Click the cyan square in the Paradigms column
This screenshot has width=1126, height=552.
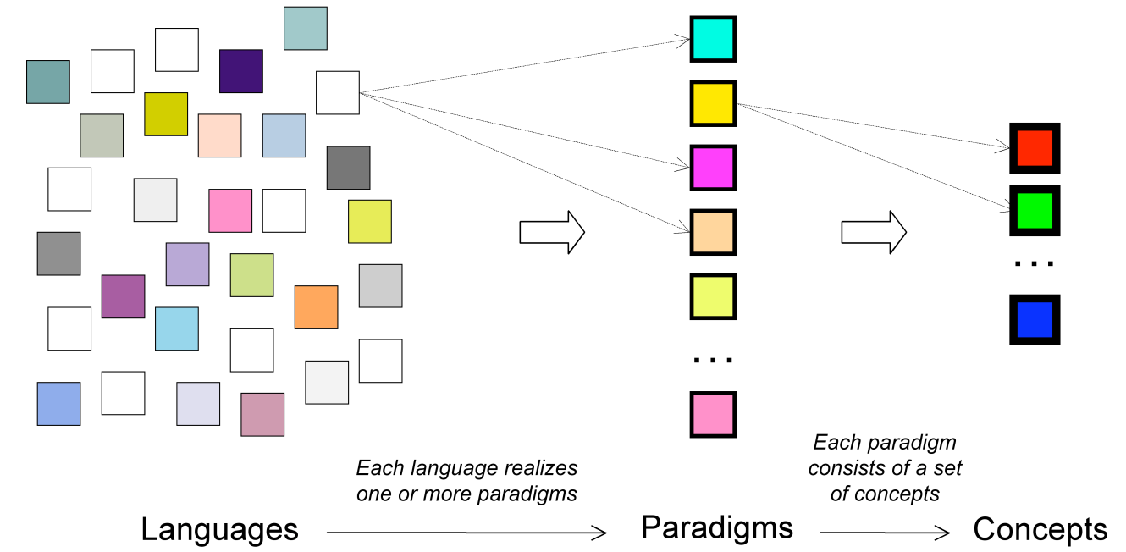[x=713, y=39]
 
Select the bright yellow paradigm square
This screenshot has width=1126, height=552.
[x=713, y=103]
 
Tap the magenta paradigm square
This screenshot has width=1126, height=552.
[x=713, y=168]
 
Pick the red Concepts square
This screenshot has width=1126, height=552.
[x=1035, y=148]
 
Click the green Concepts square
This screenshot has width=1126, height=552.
[x=1035, y=211]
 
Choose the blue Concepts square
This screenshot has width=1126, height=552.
[x=1035, y=320]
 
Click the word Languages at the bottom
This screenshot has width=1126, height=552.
[x=219, y=530]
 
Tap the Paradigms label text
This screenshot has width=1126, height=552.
[x=716, y=527]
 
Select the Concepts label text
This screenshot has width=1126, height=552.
[x=1040, y=530]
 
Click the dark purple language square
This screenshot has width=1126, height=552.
[x=241, y=71]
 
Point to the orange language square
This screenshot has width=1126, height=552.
[x=317, y=307]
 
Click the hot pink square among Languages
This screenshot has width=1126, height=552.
[x=230, y=211]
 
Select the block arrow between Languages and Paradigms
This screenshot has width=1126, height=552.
[x=551, y=232]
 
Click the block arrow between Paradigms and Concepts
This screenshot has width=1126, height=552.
[x=873, y=232]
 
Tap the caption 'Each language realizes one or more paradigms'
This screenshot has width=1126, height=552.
[x=466, y=481]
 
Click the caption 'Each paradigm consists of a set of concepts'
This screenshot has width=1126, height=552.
[x=885, y=468]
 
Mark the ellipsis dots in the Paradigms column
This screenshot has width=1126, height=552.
[x=713, y=361]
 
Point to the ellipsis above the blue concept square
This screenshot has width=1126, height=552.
[x=1035, y=264]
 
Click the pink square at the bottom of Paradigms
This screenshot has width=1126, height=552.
[x=713, y=414]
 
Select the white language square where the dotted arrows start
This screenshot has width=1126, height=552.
[x=338, y=92]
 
